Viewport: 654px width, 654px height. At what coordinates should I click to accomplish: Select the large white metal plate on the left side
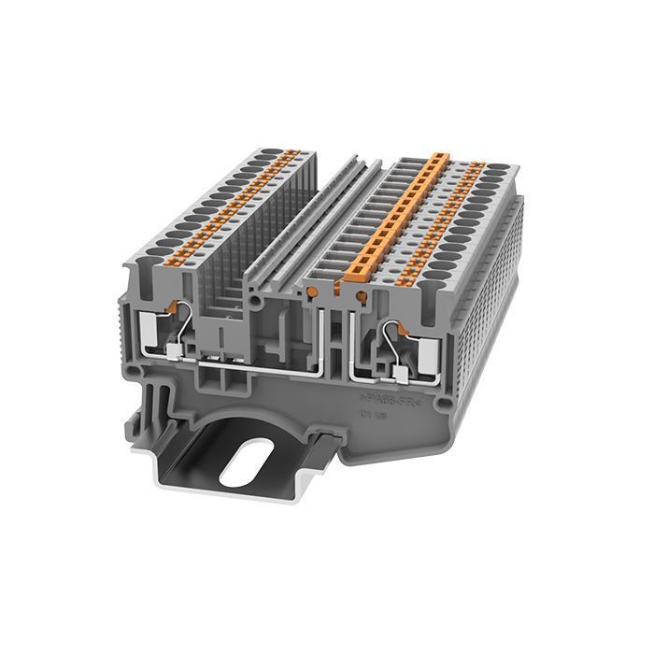click(x=149, y=329)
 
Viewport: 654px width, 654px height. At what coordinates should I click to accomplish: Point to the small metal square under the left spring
click(x=176, y=352)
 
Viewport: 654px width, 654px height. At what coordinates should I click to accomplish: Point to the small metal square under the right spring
click(x=399, y=376)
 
